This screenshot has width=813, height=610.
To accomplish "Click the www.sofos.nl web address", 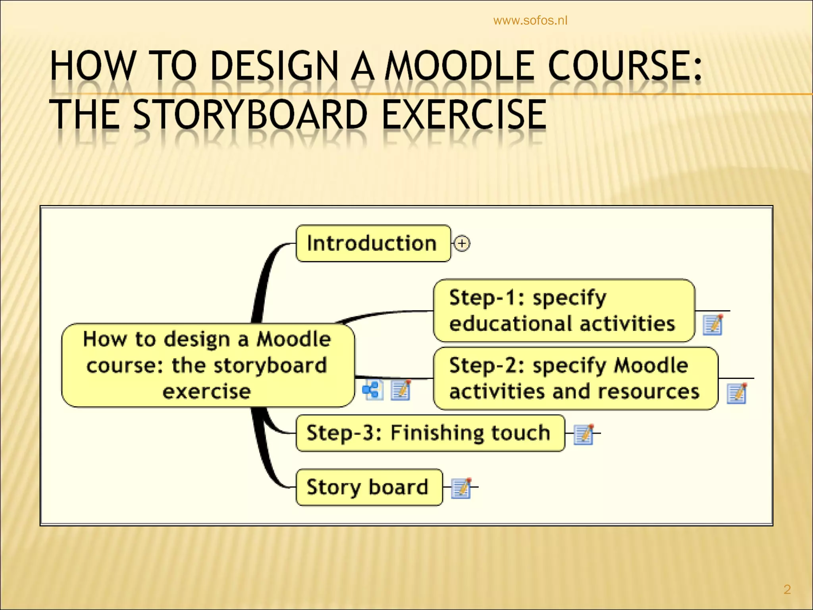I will point(530,21).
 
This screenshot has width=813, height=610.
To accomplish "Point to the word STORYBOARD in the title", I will point(250,115).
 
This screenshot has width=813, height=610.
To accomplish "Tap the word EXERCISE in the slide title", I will point(463,115).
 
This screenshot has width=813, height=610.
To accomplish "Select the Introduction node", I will point(373,243).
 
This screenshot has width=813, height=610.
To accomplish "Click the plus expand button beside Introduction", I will point(462,243).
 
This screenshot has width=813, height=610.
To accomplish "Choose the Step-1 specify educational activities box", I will point(563,311).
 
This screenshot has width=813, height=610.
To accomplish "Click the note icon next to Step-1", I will point(713,325).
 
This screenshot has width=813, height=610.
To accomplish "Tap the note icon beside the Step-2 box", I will point(737,393).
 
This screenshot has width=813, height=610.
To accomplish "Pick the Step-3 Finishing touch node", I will point(430,433).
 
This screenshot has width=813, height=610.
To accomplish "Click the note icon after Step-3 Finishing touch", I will point(584,434).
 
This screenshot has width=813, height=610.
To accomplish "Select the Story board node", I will point(369,487).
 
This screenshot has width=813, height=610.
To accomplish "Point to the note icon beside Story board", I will point(462,488).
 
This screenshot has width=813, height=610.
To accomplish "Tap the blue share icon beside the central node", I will point(372,390).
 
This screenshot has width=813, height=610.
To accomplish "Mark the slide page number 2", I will point(787,589).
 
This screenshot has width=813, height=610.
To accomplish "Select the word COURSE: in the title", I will point(625,66).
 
